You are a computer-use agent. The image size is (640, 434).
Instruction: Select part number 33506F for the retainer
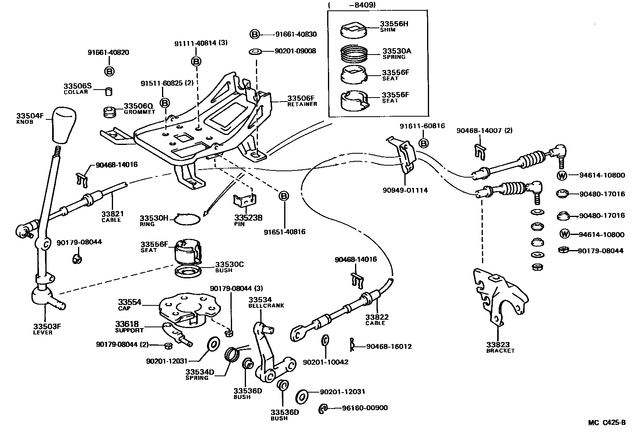(301, 98)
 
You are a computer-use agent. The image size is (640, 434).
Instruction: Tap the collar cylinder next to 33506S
(108, 92)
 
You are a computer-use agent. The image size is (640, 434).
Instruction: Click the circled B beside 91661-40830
(255, 34)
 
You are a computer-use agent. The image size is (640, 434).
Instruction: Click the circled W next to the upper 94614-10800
(562, 175)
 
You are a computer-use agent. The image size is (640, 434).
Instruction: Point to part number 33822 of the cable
(377, 317)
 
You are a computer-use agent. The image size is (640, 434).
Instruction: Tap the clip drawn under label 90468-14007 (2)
(480, 151)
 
